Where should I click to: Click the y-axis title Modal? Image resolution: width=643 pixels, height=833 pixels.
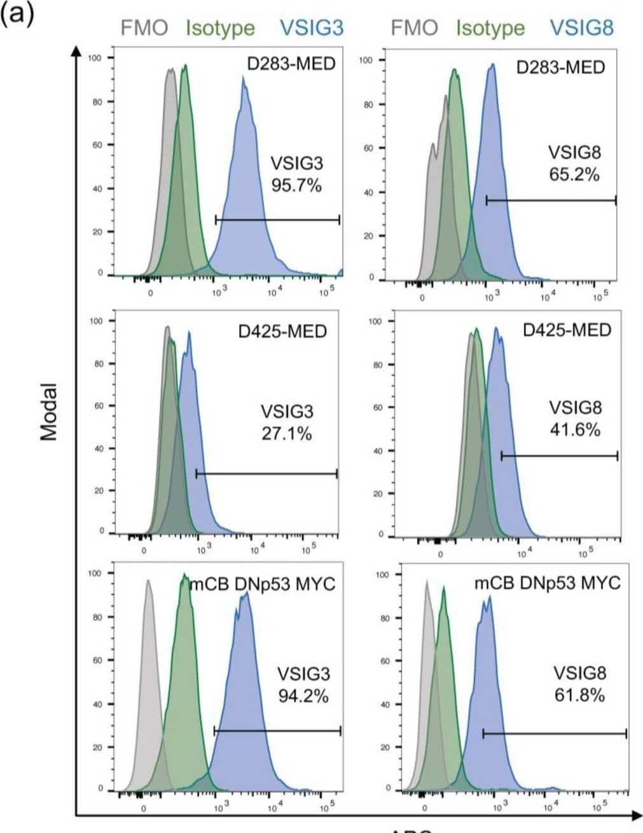(x=49, y=412)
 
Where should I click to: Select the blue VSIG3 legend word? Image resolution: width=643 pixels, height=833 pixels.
(x=312, y=27)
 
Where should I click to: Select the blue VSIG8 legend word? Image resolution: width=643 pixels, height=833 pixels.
(x=581, y=27)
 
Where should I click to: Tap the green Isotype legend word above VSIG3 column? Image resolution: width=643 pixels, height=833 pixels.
(x=220, y=28)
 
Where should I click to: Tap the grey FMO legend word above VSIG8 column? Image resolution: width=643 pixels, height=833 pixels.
(x=414, y=27)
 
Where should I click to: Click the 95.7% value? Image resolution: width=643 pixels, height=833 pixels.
(x=296, y=186)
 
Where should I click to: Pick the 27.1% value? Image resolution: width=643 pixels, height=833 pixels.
(x=287, y=433)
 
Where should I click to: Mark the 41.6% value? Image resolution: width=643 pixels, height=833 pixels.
(x=575, y=430)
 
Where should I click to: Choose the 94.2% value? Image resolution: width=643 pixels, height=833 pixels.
(x=303, y=696)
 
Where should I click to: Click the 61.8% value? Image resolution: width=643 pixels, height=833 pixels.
(x=579, y=694)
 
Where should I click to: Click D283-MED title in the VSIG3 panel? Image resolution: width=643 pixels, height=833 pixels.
(x=291, y=64)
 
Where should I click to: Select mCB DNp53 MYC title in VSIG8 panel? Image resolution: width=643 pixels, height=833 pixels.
(x=547, y=583)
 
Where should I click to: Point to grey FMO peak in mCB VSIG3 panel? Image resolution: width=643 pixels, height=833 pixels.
(x=148, y=582)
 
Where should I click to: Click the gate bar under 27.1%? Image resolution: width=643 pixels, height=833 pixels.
(x=266, y=473)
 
